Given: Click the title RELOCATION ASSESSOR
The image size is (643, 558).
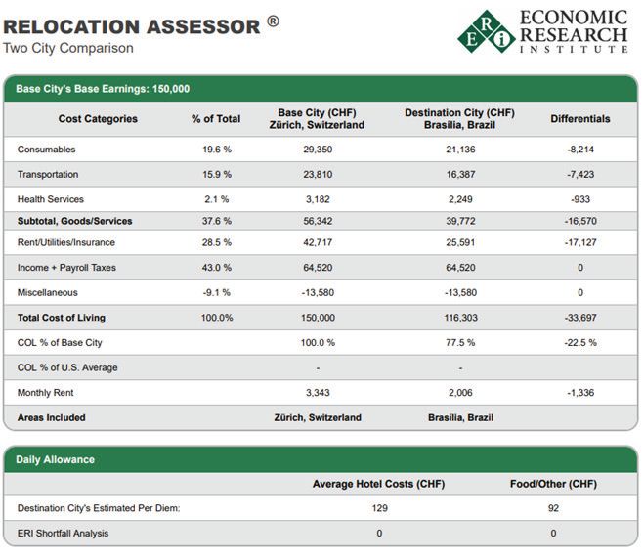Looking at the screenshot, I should (132, 25).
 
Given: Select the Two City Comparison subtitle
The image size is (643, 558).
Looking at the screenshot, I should (67, 48).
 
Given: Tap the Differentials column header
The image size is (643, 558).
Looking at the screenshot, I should (579, 119).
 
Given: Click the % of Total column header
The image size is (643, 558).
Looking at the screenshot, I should (216, 119).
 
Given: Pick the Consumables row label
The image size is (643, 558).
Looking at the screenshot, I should (46, 150).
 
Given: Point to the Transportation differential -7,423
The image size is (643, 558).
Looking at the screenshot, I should (579, 174).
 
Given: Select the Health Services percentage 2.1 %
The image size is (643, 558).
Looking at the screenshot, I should (216, 198).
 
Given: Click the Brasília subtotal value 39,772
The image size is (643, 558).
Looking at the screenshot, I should (459, 222).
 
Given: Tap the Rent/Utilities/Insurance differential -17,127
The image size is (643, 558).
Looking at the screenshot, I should (579, 243).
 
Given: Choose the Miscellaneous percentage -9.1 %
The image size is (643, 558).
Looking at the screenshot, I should (216, 292).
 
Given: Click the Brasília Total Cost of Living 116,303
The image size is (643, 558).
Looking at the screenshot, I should (459, 318).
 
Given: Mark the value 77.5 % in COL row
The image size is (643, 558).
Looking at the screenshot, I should (459, 342).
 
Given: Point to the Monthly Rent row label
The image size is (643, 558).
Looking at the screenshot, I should (45, 392).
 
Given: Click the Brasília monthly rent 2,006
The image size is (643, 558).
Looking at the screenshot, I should (459, 392).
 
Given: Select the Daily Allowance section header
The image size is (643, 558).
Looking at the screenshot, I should (56, 459).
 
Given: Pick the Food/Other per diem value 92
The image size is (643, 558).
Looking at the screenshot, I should (553, 508).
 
